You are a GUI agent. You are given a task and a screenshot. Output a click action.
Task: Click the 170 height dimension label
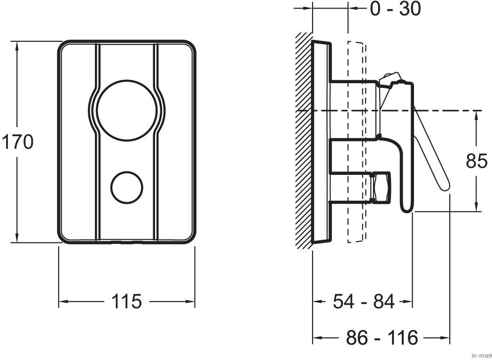(x=17, y=142)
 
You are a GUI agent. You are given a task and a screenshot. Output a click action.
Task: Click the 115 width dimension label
(x=126, y=301)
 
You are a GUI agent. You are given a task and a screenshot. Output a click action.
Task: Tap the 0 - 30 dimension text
(x=395, y=8)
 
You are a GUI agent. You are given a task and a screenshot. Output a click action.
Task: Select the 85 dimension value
(x=476, y=161)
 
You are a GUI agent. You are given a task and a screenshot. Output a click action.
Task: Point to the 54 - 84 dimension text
(x=364, y=301)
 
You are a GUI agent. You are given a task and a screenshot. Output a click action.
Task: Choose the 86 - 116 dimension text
(x=382, y=337)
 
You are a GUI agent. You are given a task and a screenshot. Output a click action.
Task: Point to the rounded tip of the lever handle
(x=445, y=187)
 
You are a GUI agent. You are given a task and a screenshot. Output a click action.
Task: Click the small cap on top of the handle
(x=391, y=78)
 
